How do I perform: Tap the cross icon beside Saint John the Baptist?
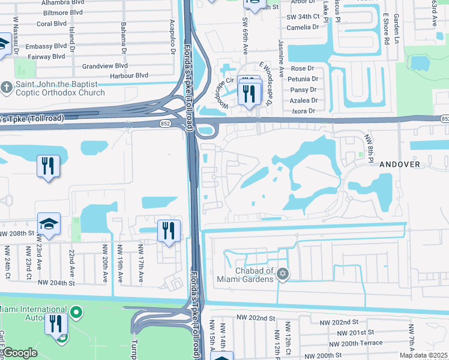[7, 88]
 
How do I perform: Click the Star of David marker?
[283, 275]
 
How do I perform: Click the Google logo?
[20, 353]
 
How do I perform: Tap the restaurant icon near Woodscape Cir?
[248, 94]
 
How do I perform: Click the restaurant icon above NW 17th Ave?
[168, 230]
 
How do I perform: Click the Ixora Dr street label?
[303, 111]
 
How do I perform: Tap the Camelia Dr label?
[303, 28]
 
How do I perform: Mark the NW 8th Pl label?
[369, 148]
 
